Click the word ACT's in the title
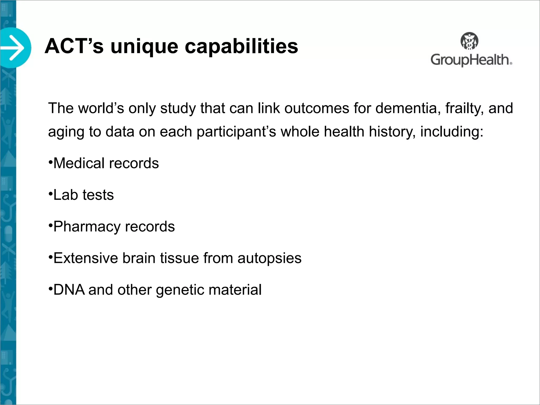tap(74, 46)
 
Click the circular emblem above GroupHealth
tap(470, 41)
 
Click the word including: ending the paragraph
tap(452, 132)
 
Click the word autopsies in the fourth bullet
tap(269, 258)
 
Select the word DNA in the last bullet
tap(69, 290)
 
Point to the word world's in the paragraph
tap(101, 108)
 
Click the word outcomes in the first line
tap(317, 108)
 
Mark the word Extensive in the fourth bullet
tap(86, 258)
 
